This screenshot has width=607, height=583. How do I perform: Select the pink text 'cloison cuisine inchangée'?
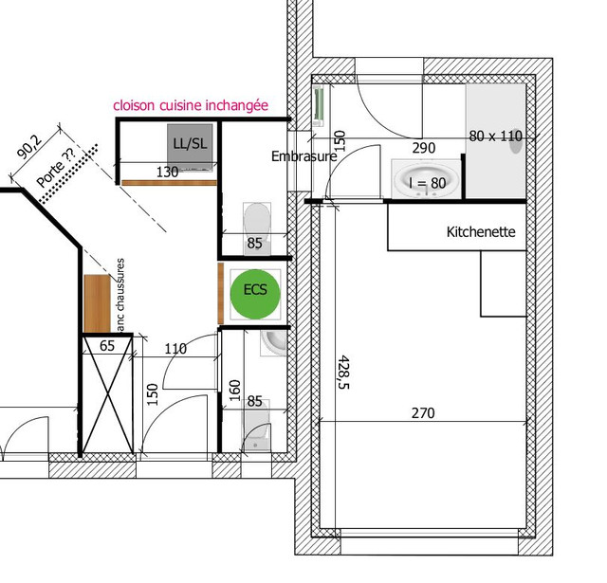pos(191,105)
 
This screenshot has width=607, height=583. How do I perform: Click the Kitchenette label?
pos(480,231)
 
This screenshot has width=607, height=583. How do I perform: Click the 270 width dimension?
pos(422,412)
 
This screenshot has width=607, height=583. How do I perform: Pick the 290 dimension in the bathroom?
pos(423,148)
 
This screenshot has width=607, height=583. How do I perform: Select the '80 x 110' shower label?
pos(495,136)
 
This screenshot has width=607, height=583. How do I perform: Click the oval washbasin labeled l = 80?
pos(426,180)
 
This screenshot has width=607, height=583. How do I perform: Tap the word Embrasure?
pos(303,156)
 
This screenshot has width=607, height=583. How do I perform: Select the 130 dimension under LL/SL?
pos(167,173)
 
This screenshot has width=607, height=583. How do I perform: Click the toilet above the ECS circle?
pos(256,220)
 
